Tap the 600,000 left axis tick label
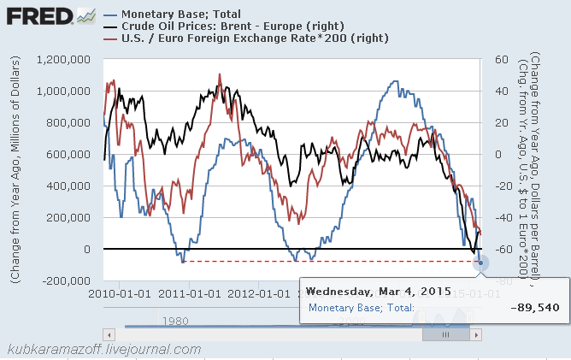click(71, 155)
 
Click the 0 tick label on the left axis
click(88, 250)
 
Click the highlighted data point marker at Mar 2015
click(480, 263)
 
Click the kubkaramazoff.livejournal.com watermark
click(103, 349)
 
